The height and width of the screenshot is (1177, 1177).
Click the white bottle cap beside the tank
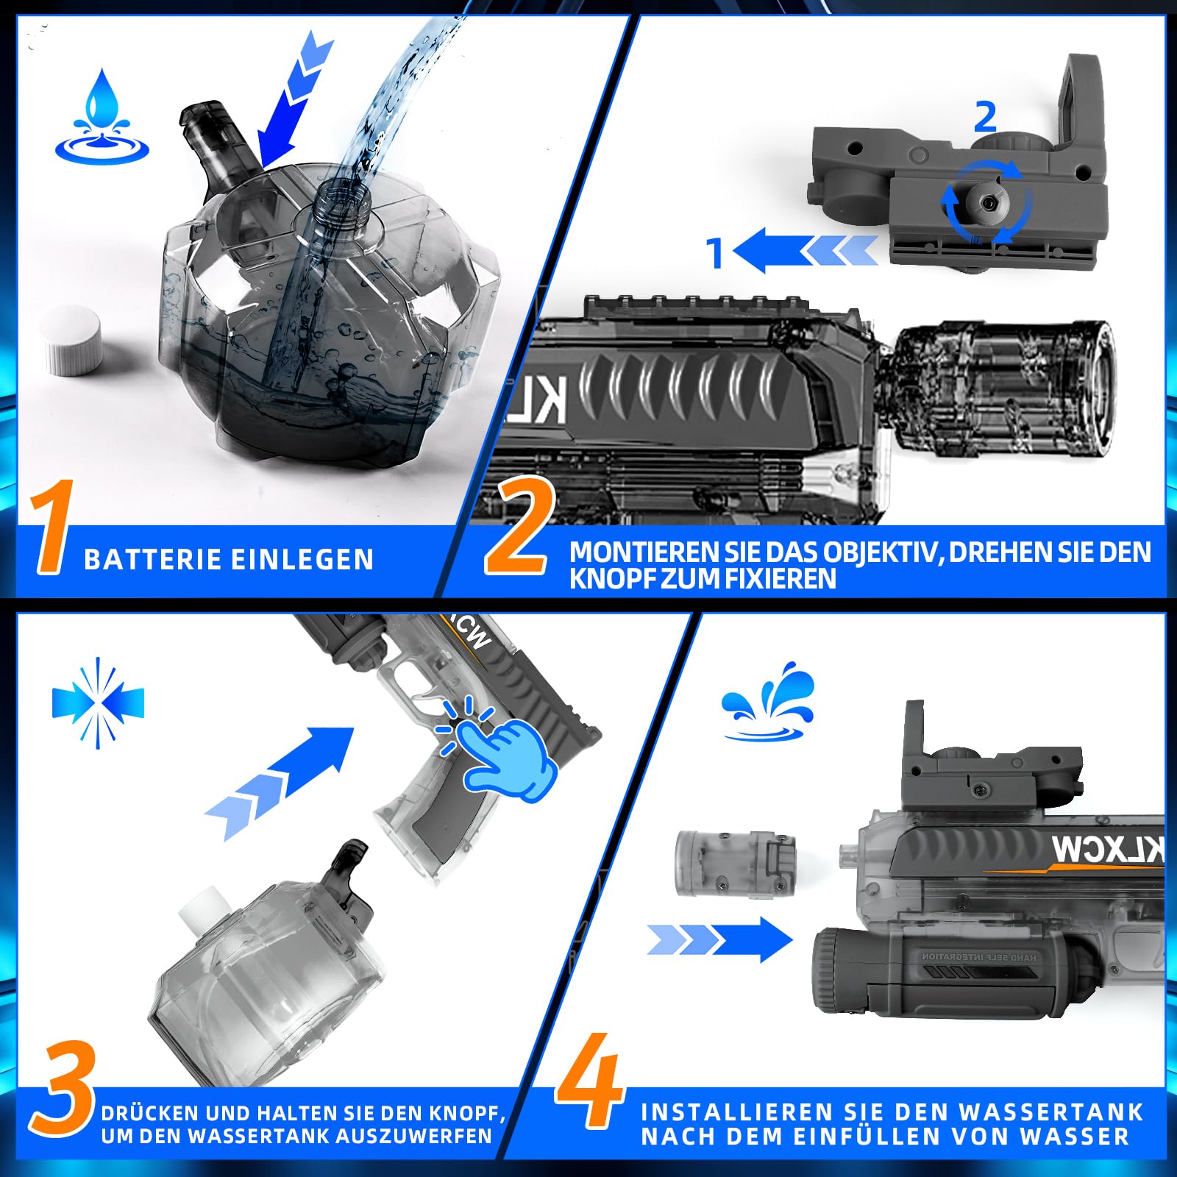(x=72, y=341)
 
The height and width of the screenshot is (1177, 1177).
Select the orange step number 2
(x=516, y=527)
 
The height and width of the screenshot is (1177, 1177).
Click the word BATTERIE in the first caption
(x=152, y=560)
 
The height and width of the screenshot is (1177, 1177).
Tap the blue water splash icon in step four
(x=769, y=703)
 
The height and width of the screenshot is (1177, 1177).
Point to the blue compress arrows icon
(x=98, y=703)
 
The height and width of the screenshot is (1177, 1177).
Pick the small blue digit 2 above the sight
(x=985, y=116)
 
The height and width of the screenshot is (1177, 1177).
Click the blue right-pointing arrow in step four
(x=720, y=939)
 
